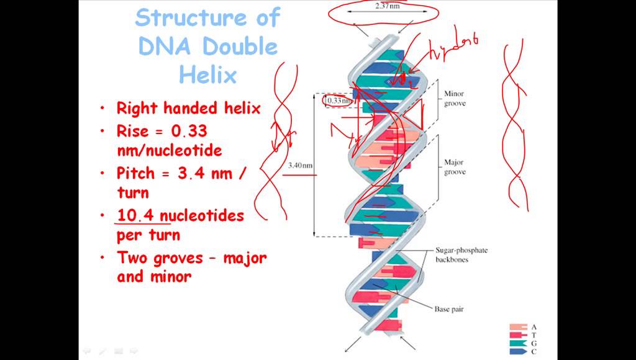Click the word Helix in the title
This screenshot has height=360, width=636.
click(208, 75)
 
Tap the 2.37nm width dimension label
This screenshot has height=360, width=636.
click(388, 6)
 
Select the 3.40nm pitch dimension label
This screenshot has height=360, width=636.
click(300, 166)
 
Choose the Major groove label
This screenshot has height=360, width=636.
click(454, 167)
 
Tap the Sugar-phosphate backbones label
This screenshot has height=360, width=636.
click(461, 254)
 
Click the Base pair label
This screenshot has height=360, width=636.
click(449, 308)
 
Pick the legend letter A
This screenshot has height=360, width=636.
click(534, 326)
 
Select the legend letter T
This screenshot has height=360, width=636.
click(534, 335)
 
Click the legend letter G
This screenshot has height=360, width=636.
click(534, 343)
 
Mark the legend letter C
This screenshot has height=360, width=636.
click(534, 351)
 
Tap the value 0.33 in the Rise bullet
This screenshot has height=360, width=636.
click(184, 131)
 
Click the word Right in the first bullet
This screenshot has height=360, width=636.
click(137, 108)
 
